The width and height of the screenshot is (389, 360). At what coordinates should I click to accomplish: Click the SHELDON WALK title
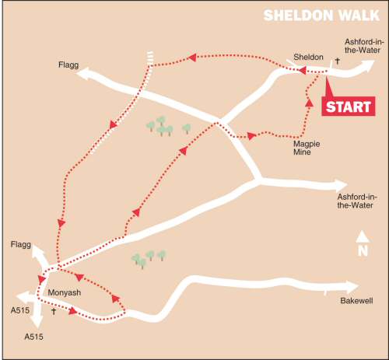317,16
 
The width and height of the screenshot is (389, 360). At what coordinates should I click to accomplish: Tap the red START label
347,107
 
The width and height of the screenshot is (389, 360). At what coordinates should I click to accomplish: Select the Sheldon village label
307,57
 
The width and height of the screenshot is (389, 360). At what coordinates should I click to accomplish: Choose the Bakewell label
356,300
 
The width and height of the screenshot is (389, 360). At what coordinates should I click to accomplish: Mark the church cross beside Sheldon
338,60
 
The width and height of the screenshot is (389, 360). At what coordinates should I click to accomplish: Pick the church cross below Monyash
53,311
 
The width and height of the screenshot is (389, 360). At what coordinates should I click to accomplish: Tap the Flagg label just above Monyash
21,244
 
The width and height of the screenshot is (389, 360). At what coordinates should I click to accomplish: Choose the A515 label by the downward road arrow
34,337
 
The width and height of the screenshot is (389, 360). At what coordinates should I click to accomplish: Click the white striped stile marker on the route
149,56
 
